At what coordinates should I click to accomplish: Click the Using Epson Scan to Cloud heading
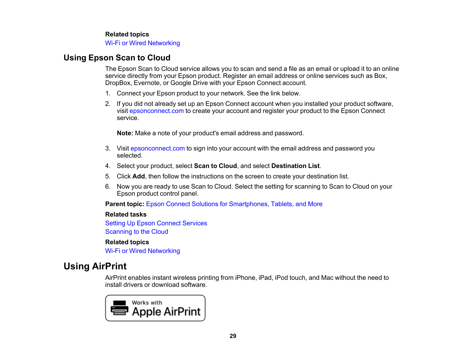117,58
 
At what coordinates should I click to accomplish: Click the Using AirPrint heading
95,266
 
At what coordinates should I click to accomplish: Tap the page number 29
233,336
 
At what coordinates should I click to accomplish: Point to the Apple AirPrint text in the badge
166,312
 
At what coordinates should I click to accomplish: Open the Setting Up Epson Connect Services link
156,223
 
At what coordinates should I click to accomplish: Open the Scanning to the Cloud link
136,232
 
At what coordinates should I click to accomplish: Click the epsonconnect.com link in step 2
156,111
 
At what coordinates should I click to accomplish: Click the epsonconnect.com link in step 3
157,149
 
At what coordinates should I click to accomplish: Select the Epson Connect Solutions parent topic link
234,204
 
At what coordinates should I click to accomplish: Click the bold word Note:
125,133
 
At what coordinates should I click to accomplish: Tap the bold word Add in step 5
138,176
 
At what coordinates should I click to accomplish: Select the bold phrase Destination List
295,166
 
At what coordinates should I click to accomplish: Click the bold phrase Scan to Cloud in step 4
215,166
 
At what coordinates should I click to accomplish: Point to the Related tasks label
126,215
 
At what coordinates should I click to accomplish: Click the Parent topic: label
125,204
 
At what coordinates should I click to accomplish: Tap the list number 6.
108,187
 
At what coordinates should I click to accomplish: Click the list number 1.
108,93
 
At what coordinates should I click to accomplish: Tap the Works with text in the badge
147,303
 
